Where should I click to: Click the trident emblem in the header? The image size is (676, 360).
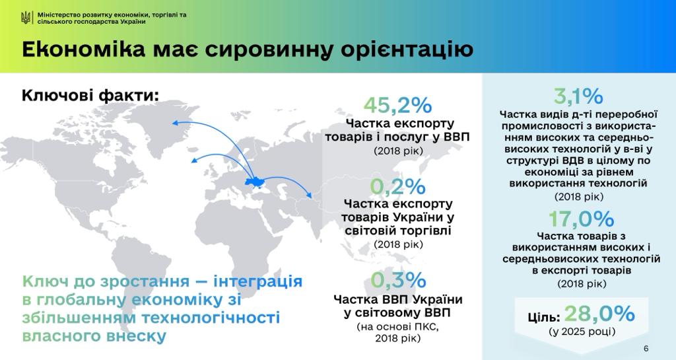[26, 18]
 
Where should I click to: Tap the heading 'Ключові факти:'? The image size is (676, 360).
[90, 95]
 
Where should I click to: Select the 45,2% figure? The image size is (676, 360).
[397, 105]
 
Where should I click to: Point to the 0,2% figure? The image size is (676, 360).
[397, 186]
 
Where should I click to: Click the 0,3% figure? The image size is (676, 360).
[398, 280]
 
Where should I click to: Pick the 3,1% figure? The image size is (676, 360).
[578, 96]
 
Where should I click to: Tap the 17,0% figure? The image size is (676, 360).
[581, 219]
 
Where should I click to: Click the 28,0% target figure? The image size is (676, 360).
[599, 314]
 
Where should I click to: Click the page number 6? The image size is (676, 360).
[646, 349]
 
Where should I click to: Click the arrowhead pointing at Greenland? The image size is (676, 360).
[175, 123]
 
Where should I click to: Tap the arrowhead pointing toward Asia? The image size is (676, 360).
[309, 196]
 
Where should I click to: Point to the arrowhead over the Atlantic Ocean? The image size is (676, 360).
[195, 161]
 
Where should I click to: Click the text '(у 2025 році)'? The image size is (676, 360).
[582, 332]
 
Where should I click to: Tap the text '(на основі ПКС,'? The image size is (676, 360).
[397, 326]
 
